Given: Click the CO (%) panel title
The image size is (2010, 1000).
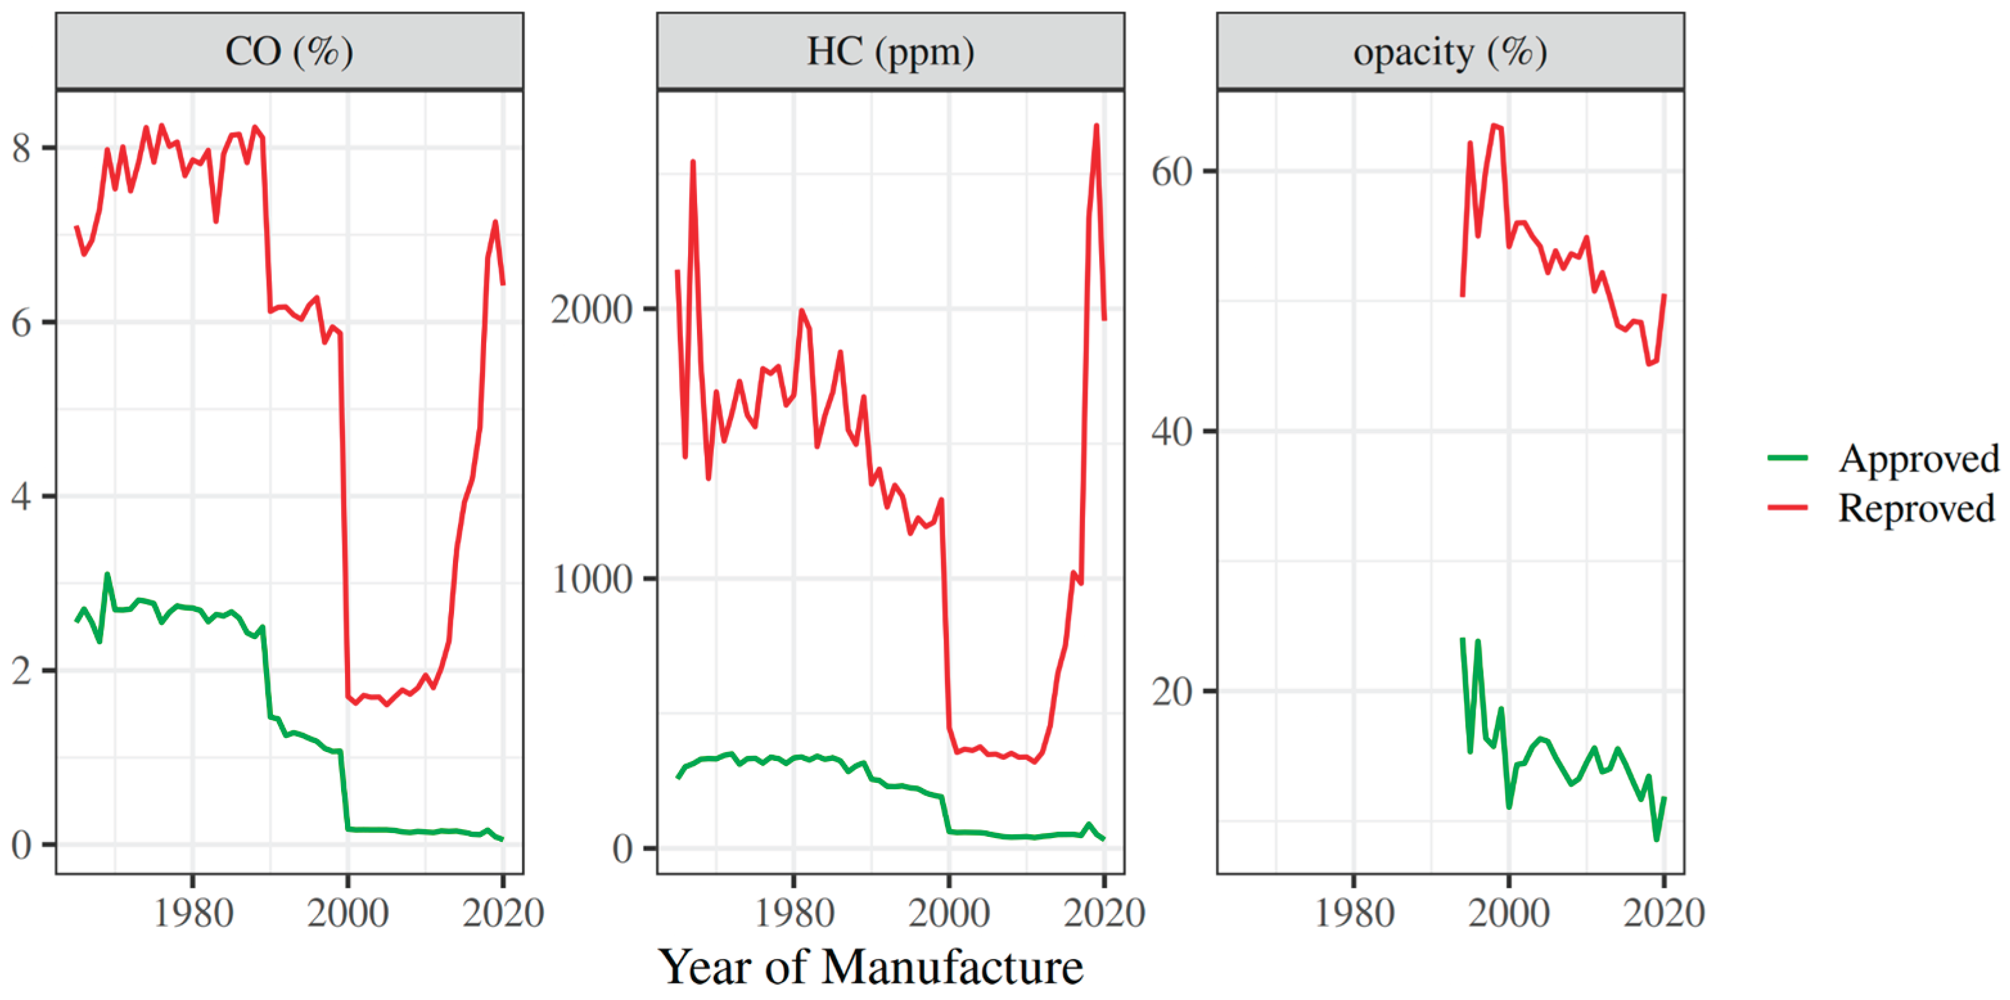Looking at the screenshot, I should click(288, 51).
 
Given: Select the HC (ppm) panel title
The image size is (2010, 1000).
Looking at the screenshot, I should click(890, 51).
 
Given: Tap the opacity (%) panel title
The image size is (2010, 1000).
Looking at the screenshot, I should click(1450, 51).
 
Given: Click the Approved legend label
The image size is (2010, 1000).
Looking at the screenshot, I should click(1918, 458).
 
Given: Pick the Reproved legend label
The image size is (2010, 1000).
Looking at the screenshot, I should click(1916, 508).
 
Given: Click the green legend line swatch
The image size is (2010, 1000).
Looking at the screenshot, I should click(1788, 458).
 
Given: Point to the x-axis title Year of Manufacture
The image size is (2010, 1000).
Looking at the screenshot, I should click(870, 967).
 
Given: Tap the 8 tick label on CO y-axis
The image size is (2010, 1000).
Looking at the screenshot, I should click(22, 148).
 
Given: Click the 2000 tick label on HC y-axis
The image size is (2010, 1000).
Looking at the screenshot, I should click(591, 310).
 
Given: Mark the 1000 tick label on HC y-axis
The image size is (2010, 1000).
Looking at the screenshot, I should click(591, 579).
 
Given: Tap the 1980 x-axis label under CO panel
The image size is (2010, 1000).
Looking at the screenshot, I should click(193, 913).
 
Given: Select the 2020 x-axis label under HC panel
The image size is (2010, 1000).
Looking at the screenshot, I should click(1104, 913).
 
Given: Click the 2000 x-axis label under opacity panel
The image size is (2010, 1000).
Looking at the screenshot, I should click(1508, 913).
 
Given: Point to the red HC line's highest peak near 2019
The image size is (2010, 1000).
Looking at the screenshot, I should click(1097, 126).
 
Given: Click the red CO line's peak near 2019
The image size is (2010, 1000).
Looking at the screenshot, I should click(495, 222).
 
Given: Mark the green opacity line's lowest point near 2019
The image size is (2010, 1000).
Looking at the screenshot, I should click(1656, 839).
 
